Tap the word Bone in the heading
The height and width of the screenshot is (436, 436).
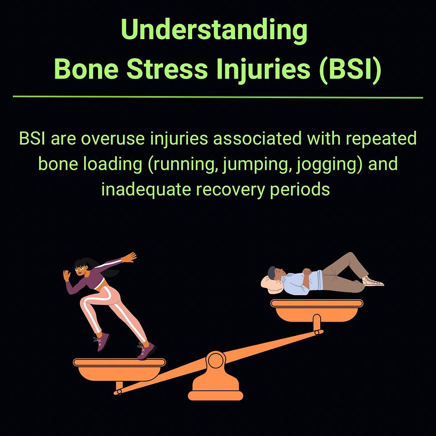(86, 69)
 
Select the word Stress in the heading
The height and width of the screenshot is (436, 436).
(167, 69)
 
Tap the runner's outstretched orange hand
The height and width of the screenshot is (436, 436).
(129, 257)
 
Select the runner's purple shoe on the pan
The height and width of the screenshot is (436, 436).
(146, 351)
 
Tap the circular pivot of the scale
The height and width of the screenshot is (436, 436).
(215, 361)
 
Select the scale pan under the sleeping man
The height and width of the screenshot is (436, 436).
(317, 311)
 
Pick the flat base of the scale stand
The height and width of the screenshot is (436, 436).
(215, 396)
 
